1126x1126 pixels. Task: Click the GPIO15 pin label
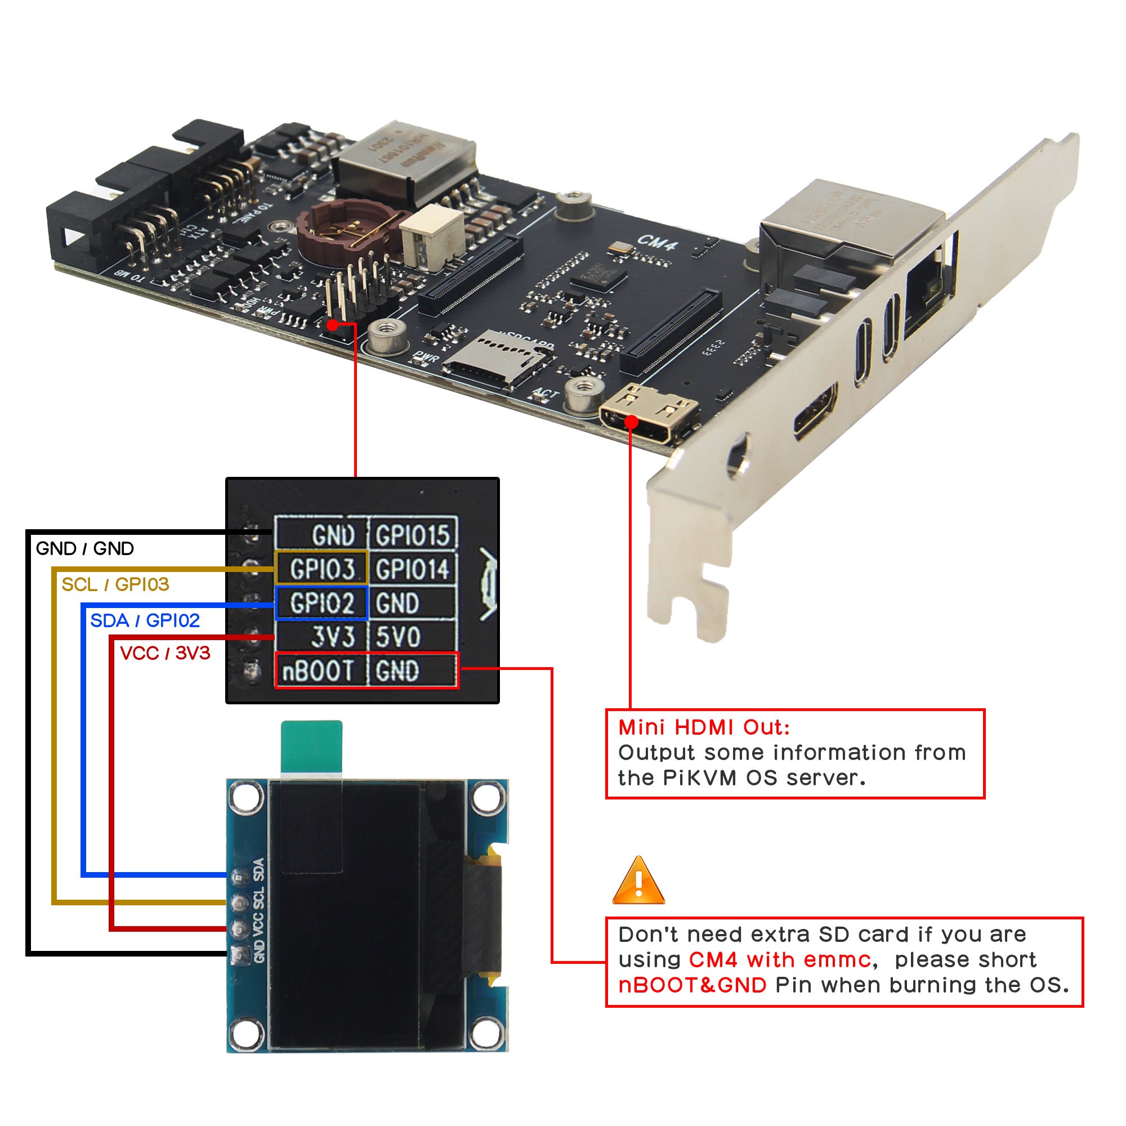click(412, 535)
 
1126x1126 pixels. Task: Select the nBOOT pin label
click(318, 671)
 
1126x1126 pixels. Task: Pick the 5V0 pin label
click(398, 636)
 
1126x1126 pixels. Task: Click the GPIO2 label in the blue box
click(321, 602)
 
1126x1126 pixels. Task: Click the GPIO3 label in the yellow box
click(321, 569)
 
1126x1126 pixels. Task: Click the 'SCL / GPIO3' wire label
click(115, 584)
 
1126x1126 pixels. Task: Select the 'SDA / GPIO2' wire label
click(145, 620)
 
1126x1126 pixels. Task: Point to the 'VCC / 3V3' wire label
click(165, 653)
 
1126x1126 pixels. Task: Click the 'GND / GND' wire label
click(84, 548)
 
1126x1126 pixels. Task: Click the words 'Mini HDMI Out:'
click(703, 727)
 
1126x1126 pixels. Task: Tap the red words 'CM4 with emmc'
click(779, 960)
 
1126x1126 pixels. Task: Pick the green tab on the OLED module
click(311, 746)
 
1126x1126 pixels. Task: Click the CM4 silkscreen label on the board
click(657, 242)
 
